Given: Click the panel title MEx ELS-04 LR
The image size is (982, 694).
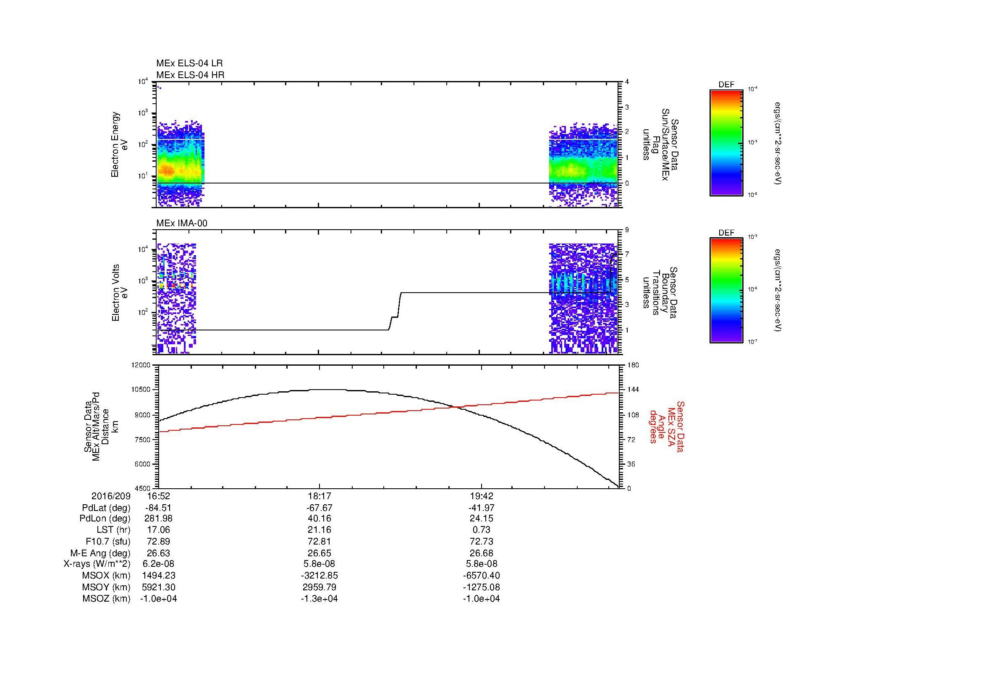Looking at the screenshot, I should (x=189, y=63).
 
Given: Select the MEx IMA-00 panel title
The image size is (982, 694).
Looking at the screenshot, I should (x=181, y=223).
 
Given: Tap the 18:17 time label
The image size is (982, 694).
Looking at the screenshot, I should (x=319, y=496).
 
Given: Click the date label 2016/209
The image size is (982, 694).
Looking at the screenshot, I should (x=110, y=496).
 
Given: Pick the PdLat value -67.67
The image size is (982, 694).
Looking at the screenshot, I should (x=319, y=508).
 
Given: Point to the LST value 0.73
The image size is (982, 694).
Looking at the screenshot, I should (x=481, y=530).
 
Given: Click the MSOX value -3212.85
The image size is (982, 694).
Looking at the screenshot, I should (x=319, y=576).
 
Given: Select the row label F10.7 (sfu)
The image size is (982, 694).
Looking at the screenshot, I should (x=107, y=541).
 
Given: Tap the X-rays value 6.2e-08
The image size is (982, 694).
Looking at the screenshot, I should (x=158, y=564).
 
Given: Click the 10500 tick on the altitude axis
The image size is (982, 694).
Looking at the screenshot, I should (x=141, y=390).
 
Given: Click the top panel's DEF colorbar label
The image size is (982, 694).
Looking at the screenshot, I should (x=726, y=85).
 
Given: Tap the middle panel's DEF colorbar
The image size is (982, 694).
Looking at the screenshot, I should (x=726, y=291).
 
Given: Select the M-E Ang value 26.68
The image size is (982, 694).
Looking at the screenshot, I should (x=481, y=553).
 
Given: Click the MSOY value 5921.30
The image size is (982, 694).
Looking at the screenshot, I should (x=158, y=587).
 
